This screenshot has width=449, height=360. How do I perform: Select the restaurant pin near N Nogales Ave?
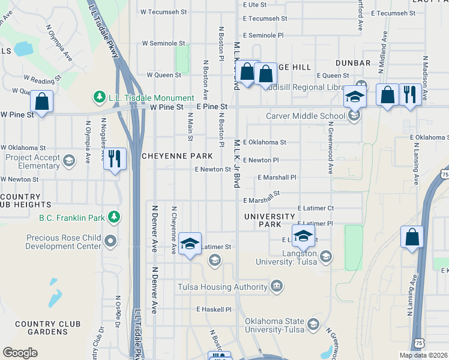point(114,159)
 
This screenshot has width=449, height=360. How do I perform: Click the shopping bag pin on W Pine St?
point(42,101)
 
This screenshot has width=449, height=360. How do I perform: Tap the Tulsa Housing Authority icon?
point(276,285)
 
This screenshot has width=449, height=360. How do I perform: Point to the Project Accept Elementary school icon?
point(70,160)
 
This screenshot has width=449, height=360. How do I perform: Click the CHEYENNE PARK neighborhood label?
point(177,155)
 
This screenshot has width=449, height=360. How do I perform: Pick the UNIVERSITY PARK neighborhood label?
point(270,220)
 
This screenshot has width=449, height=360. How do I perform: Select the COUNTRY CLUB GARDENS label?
point(48,328)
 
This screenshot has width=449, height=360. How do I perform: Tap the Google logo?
point(20,352)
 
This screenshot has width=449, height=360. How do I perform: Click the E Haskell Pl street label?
point(214,310)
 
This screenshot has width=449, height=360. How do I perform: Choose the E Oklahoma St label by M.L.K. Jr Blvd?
point(265,142)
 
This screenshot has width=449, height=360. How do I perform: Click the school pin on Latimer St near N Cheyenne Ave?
point(190,244)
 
